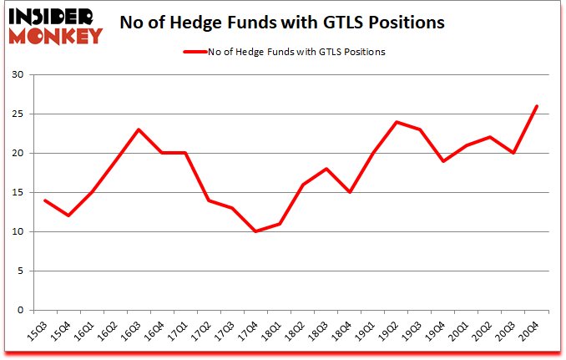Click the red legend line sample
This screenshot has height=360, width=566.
pyautogui.click(x=196, y=52)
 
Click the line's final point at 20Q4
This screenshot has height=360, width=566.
pyautogui.click(x=537, y=106)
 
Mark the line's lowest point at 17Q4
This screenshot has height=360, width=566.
pyautogui.click(x=256, y=231)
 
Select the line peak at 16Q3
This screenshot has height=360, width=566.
pyautogui.click(x=139, y=129)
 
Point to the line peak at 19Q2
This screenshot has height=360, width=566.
pyautogui.click(x=397, y=122)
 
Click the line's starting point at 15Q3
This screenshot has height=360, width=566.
pyautogui.click(x=45, y=200)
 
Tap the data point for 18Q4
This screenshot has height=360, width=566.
pyautogui.click(x=350, y=192)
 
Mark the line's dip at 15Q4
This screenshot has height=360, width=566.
pyautogui.click(x=68, y=215)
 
